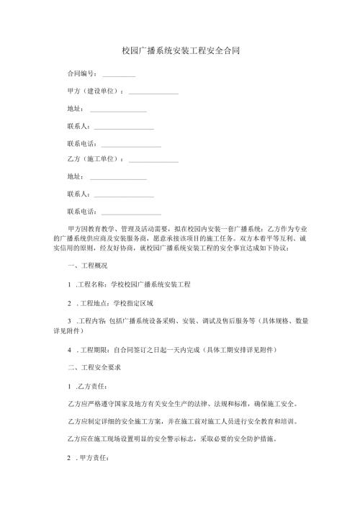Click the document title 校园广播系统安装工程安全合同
click(x=180, y=51)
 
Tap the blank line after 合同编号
click(x=119, y=76)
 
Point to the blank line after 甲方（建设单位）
click(x=153, y=93)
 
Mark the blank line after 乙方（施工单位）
click(x=153, y=161)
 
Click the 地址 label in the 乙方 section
click(x=73, y=176)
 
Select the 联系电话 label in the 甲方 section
click(x=80, y=143)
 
